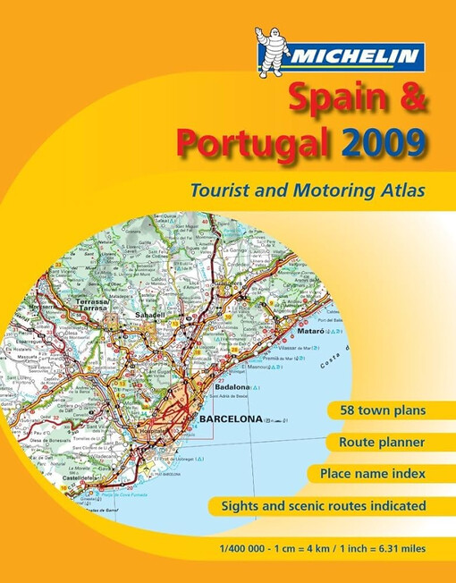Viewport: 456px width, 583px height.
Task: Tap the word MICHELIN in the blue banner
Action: [x=353, y=57]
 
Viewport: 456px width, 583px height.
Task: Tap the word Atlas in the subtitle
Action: [x=396, y=190]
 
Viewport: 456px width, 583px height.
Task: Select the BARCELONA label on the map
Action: [x=231, y=418]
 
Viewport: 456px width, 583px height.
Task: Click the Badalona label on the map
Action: [x=233, y=387]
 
